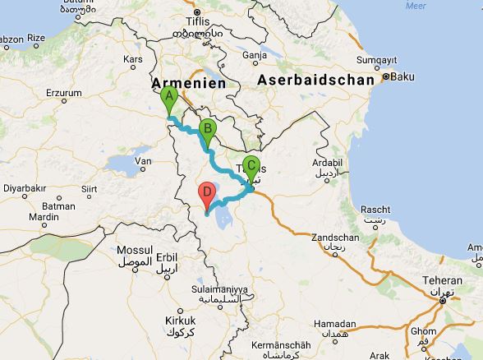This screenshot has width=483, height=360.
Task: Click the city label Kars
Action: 132,60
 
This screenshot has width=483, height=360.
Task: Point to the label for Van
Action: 143,161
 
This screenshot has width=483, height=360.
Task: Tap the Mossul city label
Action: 136,250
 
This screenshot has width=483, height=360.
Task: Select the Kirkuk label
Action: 179,321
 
